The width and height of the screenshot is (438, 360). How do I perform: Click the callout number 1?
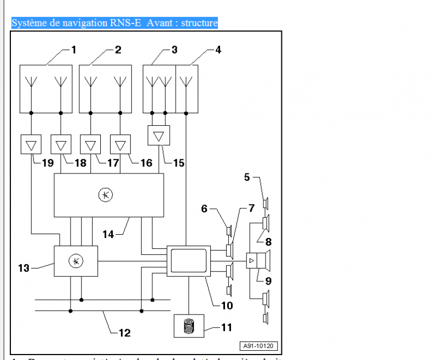pos(73,50)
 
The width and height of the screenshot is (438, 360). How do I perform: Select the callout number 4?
pos(218,50)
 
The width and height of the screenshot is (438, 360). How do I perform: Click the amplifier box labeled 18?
pos(61,145)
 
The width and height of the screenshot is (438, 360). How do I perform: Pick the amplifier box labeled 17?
pos(90,145)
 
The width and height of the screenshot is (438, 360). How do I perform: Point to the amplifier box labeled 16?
pos(120,145)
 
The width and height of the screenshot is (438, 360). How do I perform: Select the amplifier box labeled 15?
pos(159,135)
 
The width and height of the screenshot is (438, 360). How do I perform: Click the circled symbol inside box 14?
pos(105,194)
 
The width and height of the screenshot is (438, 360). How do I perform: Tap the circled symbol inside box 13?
pos(76,262)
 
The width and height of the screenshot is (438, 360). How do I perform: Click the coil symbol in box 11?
pos(188,328)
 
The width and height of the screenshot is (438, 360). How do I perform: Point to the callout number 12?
pos(125,332)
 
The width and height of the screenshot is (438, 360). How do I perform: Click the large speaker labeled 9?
pos(265,260)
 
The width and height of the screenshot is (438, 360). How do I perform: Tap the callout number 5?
pos(247,177)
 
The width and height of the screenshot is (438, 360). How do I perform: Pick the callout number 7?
pos(251,208)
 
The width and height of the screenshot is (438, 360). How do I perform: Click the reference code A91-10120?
pos(258,346)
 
